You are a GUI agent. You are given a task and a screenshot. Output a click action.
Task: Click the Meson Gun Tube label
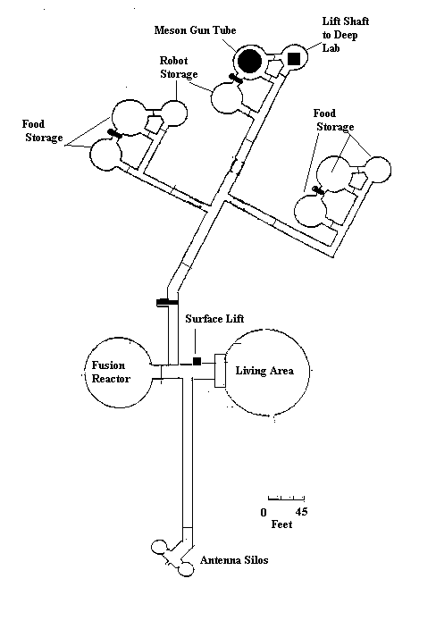click(195, 30)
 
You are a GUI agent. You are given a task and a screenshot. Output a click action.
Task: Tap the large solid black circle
click(249, 62)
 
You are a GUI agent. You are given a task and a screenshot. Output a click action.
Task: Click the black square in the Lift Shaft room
click(294, 59)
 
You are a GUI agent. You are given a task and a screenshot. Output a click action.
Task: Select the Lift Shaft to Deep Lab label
click(346, 35)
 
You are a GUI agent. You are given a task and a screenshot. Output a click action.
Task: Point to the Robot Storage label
click(179, 67)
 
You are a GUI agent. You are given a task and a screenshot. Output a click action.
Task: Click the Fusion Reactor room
click(119, 373)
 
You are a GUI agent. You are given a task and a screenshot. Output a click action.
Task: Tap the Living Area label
click(264, 371)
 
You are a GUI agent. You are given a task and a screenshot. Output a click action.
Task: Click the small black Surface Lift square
click(197, 361)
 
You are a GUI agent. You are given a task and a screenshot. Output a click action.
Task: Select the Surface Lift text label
click(214, 319)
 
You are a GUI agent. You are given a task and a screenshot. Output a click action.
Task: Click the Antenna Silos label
click(234, 560)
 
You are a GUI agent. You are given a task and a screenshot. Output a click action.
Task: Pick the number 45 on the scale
click(302, 512)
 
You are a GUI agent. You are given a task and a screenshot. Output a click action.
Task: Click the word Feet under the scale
click(281, 524)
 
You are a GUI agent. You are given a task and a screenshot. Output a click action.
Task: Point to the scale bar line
click(287, 499)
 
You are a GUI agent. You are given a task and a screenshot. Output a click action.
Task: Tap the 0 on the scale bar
click(264, 512)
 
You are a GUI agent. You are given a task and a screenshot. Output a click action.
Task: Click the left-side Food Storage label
click(42, 130)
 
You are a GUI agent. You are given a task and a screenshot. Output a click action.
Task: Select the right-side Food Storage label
click(334, 120)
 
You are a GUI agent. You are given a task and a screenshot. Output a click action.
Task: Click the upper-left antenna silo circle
click(159, 547)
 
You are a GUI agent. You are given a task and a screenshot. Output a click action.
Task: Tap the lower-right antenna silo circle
click(186, 569)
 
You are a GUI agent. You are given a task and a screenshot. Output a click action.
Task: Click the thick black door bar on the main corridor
click(167, 302)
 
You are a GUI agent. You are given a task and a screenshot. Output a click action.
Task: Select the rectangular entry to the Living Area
click(220, 371)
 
